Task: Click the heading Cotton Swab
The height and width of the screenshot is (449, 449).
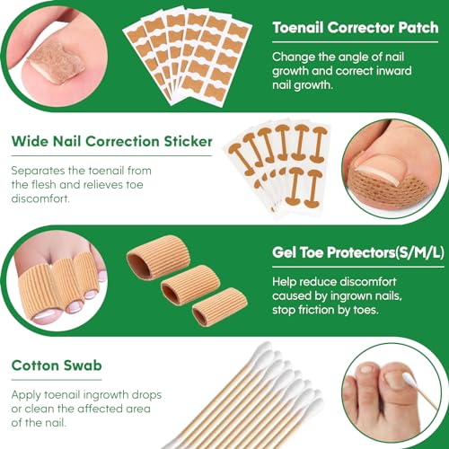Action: [x=56, y=365]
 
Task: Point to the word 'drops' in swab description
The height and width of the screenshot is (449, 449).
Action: [x=177, y=395]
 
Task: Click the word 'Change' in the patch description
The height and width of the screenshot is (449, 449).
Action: [x=295, y=57]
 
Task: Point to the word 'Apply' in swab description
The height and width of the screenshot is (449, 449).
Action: [x=30, y=395]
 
